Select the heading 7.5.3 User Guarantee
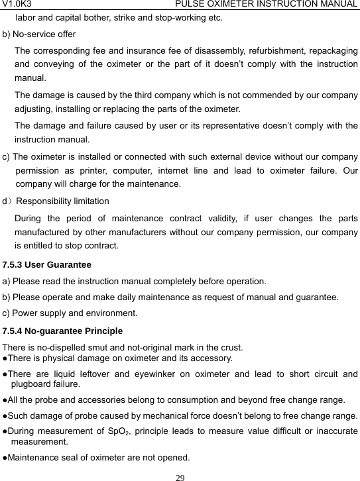pyautogui.click(x=47, y=264)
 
